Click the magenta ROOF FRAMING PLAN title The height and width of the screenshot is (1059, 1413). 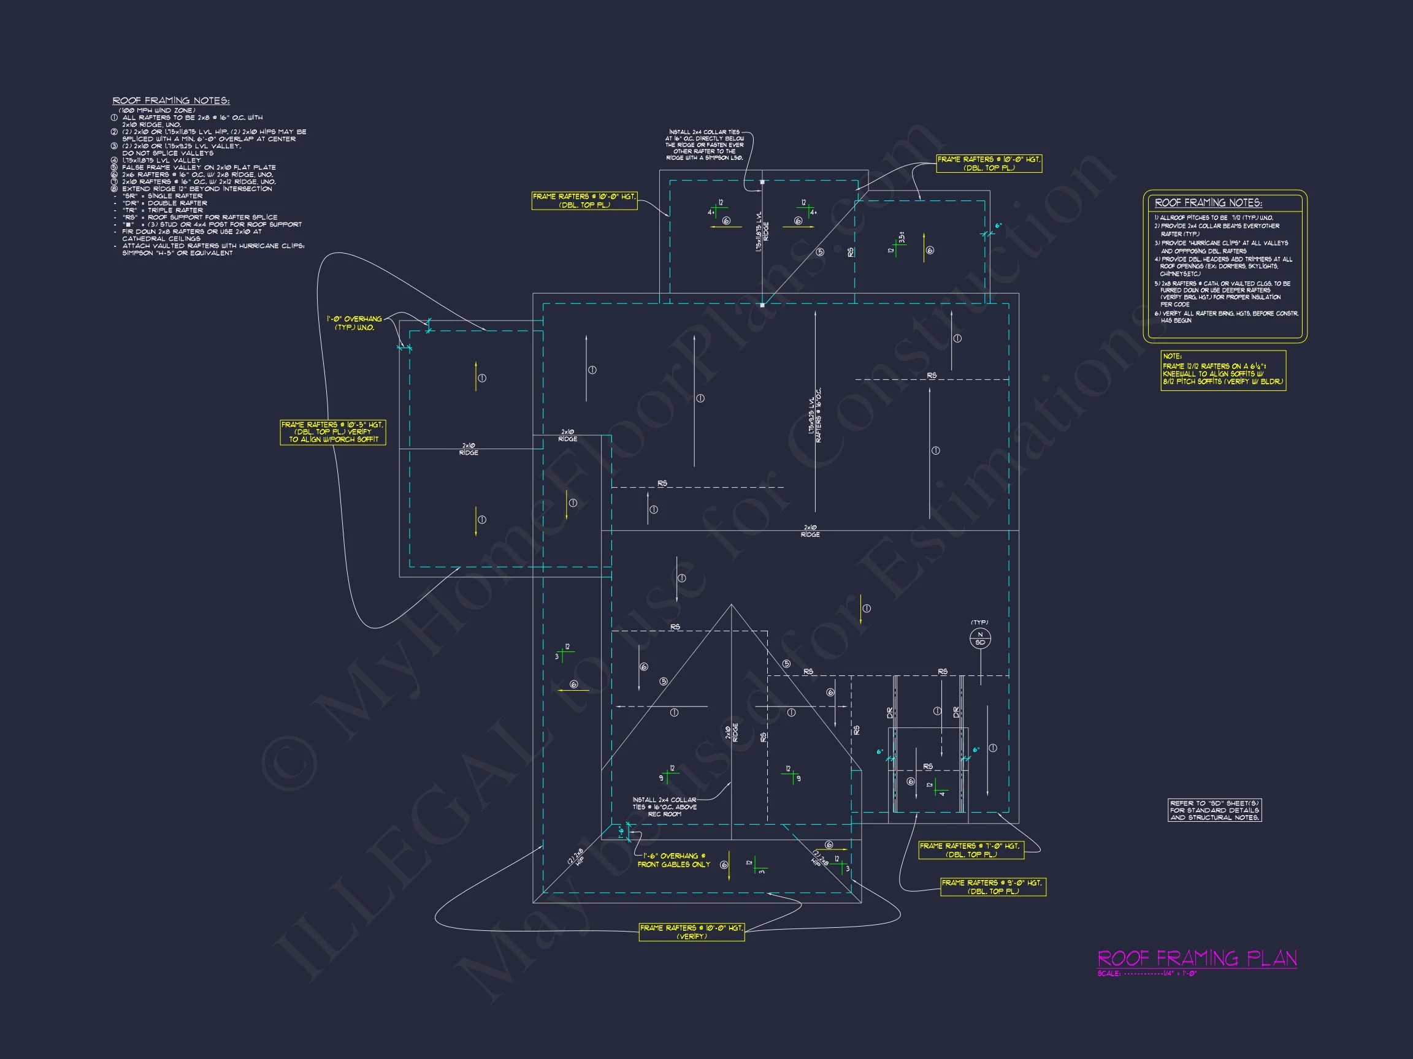tap(1197, 958)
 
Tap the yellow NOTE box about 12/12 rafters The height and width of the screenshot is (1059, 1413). tap(1223, 371)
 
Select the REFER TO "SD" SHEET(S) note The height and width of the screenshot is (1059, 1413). tap(1214, 810)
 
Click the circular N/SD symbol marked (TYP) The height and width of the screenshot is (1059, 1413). tap(980, 639)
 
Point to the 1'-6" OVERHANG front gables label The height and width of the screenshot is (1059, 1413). tap(673, 860)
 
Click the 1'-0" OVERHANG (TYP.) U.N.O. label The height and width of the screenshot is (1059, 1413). tap(354, 323)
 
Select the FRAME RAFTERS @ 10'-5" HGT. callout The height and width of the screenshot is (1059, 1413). tap(333, 432)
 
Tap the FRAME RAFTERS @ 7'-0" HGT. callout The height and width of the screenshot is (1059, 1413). tap(971, 849)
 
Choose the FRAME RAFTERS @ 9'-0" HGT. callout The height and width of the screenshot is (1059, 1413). tap(993, 887)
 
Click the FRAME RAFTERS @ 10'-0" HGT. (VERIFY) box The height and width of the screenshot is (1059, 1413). tap(692, 932)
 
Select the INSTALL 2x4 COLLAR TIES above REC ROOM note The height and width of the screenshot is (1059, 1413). tap(664, 807)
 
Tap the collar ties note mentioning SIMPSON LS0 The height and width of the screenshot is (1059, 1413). tap(705, 145)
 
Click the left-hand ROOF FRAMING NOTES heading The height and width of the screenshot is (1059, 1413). tap(170, 101)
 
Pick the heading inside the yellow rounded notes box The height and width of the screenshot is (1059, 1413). tap(1208, 203)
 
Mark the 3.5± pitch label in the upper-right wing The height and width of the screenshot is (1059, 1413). tap(902, 237)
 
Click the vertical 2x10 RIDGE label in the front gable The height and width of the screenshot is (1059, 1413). tap(732, 732)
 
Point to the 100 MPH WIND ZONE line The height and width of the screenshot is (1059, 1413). tap(157, 110)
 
